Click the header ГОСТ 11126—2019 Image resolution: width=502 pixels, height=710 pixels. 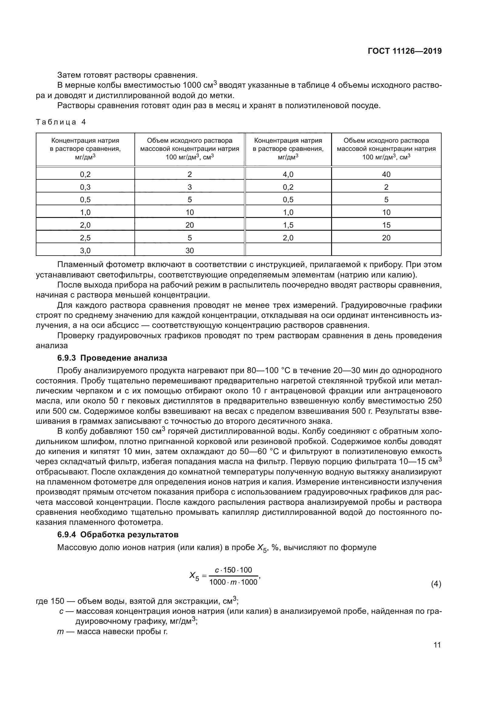[x=405, y=51]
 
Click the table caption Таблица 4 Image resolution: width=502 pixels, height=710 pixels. [x=61, y=122]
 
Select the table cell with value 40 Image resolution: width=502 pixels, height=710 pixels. [x=386, y=175]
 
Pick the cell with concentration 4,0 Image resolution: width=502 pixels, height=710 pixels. [x=288, y=175]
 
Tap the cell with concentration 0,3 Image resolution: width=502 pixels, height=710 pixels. [x=85, y=187]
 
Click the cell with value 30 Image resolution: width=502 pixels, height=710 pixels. [x=189, y=250]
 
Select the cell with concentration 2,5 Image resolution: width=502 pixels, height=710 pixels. [x=85, y=238]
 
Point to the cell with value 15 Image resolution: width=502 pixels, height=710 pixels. [x=386, y=225]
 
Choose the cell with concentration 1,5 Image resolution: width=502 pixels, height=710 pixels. [x=288, y=225]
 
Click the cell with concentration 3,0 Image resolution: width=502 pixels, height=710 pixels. [x=85, y=250]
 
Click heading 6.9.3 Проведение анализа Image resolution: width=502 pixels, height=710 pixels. [x=112, y=358]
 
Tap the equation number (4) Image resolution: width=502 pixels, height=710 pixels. [x=436, y=584]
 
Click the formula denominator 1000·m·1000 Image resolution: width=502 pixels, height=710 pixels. [x=233, y=582]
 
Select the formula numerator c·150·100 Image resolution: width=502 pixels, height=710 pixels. [x=233, y=570]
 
